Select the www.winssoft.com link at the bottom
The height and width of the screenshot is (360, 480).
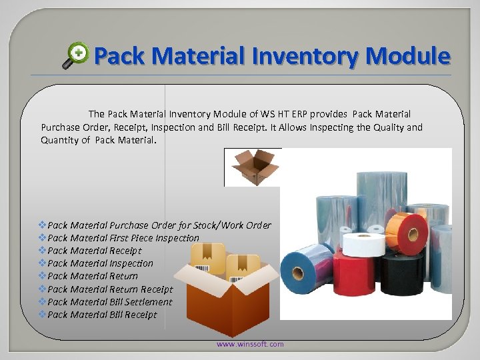tap(250, 344)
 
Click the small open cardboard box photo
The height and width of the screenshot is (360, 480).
tap(252, 167)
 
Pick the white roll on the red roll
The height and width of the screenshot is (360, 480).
tap(363, 243)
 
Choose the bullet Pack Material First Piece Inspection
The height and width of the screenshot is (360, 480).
tap(123, 238)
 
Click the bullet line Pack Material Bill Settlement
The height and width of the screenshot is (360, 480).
tap(110, 302)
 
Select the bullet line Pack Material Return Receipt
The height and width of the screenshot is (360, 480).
tap(110, 289)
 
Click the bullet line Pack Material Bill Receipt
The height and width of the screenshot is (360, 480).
tap(102, 315)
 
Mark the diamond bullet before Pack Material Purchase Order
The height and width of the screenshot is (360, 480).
tap(43, 225)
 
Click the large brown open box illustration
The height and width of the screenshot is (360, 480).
tap(216, 300)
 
